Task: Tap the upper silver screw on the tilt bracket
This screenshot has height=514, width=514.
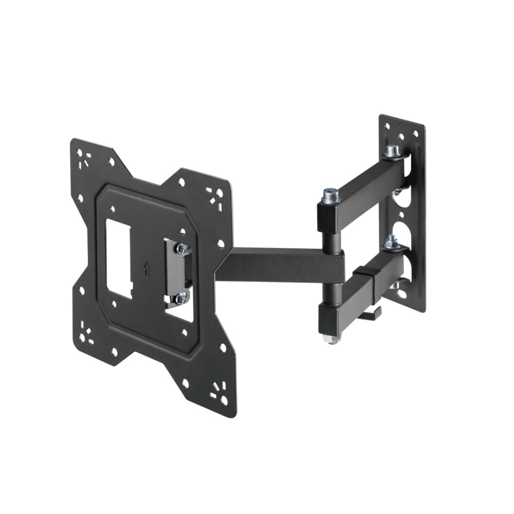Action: pyautogui.click(x=182, y=248)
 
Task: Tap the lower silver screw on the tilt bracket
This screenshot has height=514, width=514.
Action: pyautogui.click(x=181, y=299)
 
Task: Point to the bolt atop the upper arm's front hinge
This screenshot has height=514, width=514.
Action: pyautogui.click(x=331, y=195)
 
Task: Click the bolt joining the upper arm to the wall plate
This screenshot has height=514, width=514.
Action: pyautogui.click(x=392, y=151)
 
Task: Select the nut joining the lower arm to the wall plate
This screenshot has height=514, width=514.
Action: pyautogui.click(x=391, y=241)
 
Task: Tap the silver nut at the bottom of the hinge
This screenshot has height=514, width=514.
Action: pyautogui.click(x=331, y=338)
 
